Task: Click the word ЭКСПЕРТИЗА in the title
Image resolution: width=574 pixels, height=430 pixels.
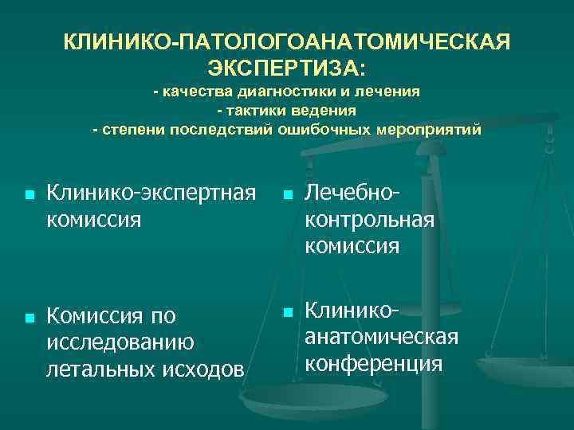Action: (286, 64)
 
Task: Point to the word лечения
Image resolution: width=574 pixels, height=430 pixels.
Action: (392, 92)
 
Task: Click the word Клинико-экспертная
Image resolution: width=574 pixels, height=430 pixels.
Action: (151, 192)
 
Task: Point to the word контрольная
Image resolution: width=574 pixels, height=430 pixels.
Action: (369, 219)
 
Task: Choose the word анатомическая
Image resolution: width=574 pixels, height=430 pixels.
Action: (381, 336)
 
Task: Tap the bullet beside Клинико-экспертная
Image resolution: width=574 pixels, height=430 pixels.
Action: (29, 194)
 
